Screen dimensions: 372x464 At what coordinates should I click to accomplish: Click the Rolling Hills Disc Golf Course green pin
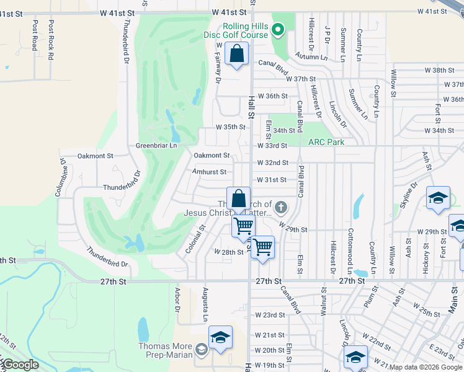pyautogui.click(x=279, y=29)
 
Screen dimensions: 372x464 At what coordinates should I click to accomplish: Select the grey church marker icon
pyautogui.click(x=280, y=207)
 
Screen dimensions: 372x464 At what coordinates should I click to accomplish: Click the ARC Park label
pyautogui.click(x=327, y=141)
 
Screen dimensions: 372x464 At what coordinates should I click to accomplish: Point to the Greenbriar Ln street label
pyautogui.click(x=156, y=146)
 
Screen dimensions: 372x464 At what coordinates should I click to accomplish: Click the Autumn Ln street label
pyautogui.click(x=311, y=56)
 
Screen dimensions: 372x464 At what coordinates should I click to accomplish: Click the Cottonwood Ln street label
pyautogui.click(x=350, y=242)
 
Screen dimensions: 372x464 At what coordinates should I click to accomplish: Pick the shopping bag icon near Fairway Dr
pyautogui.click(x=237, y=54)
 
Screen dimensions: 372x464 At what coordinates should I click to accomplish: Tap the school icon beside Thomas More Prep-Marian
pyautogui.click(x=220, y=338)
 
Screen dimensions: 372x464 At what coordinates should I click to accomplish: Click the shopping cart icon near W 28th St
pyautogui.click(x=263, y=247)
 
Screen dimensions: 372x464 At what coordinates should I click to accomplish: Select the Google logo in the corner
pyautogui.click(x=20, y=365)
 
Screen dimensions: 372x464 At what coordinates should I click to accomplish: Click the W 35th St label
pyautogui.click(x=231, y=126)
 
